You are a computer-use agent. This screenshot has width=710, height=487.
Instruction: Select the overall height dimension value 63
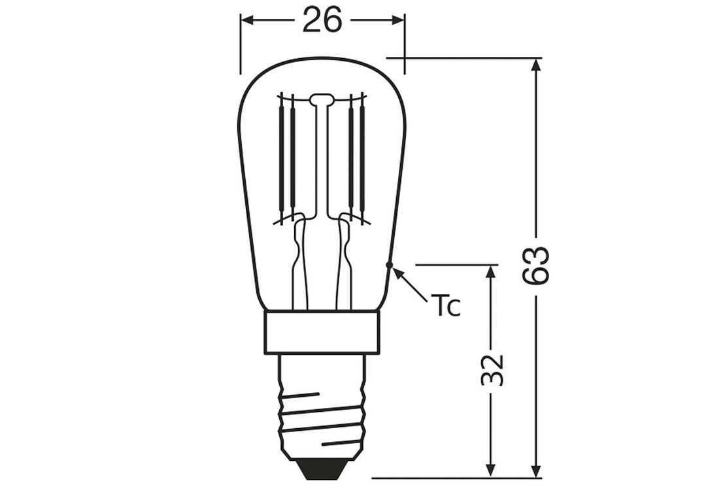(535, 265)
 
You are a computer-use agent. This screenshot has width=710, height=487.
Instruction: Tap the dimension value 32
(492, 370)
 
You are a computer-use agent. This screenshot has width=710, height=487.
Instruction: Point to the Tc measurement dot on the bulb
(388, 264)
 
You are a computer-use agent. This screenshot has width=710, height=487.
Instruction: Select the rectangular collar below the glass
(321, 332)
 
